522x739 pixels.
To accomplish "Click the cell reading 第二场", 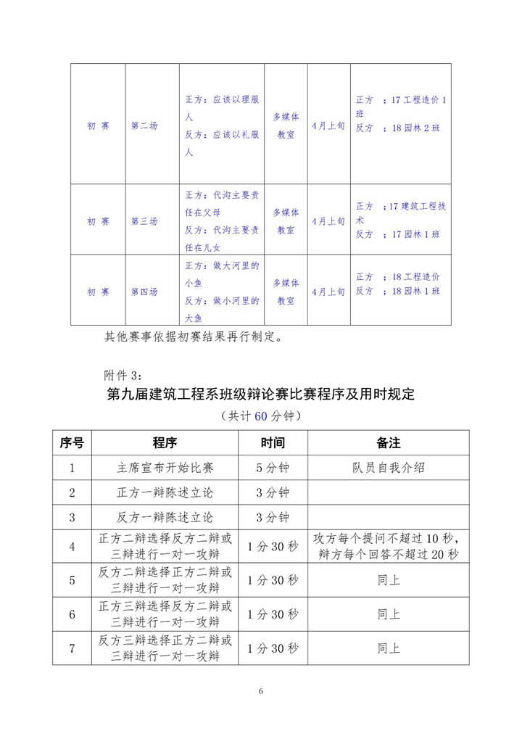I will pos(144,125).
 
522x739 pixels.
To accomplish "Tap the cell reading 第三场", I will pos(144,220).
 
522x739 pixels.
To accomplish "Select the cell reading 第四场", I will pos(144,292).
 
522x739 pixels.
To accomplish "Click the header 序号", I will pos(71,442).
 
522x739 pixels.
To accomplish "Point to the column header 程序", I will pos(165,442).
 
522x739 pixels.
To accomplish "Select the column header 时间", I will pos(273,442).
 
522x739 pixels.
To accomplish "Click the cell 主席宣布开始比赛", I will pos(165,468).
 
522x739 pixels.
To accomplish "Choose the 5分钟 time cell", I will pos(273,468).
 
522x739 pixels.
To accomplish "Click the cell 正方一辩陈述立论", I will pos(165,493).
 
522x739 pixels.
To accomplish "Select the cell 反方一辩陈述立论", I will pos(165,518).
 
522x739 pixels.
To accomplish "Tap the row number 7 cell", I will pos(72,648).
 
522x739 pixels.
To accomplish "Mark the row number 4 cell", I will pos(72,547).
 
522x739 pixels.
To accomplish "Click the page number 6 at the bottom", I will pos(260,691).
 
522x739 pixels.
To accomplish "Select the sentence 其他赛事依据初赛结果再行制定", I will pos(196,337).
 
